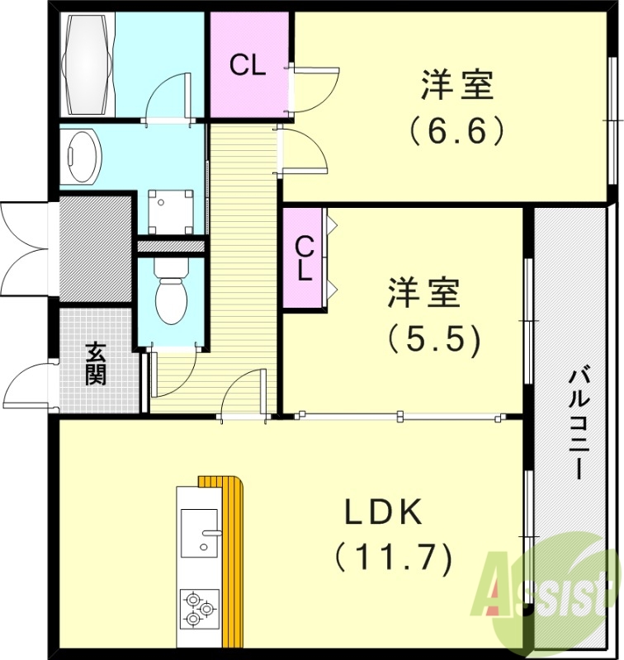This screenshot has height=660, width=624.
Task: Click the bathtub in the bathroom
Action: point(86,65)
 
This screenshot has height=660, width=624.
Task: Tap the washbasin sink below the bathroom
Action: point(81,157)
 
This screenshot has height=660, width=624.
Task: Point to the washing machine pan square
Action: point(170,211)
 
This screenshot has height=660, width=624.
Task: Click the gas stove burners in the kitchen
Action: point(199,608)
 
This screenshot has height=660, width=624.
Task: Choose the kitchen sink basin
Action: point(199,533)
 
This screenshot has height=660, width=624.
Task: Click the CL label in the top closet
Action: point(248,66)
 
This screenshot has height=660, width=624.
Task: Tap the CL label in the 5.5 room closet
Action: point(305,257)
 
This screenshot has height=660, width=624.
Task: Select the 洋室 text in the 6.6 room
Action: point(457,85)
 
